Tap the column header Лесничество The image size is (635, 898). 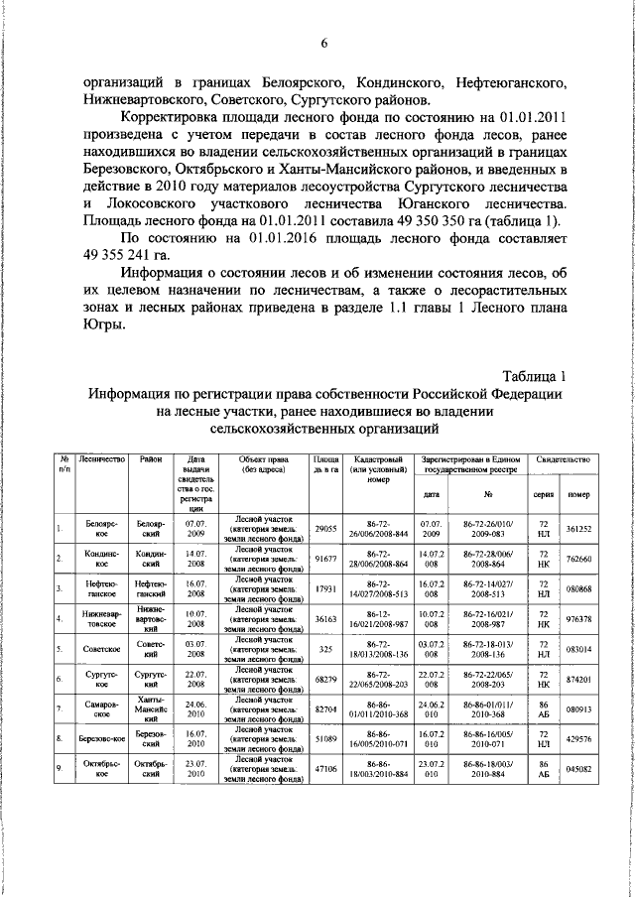101,460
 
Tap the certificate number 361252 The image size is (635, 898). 578,530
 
